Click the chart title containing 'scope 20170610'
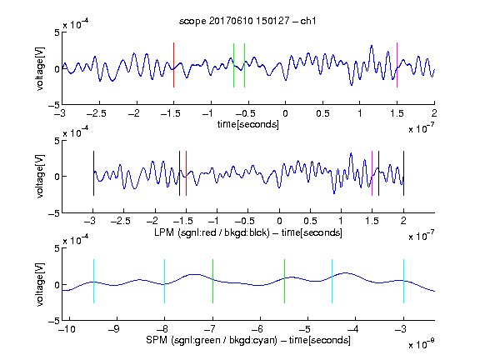(247, 21)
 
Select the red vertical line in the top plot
(173, 65)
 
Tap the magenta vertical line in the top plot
(397, 65)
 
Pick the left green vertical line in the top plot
(233, 65)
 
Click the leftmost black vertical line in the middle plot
(93, 173)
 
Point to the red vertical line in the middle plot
(186, 173)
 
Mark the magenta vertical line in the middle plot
(372, 173)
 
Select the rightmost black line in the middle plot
(404, 173)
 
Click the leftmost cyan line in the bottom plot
(93, 281)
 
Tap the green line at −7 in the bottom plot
(212, 281)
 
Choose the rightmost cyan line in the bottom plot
(404, 281)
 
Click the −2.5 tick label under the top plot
(97, 113)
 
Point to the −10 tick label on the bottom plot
(67, 329)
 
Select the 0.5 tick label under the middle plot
(310, 221)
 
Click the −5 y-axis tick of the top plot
(54, 105)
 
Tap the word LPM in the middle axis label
(164, 232)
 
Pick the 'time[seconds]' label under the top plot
(248, 124)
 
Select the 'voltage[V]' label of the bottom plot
(40, 284)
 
